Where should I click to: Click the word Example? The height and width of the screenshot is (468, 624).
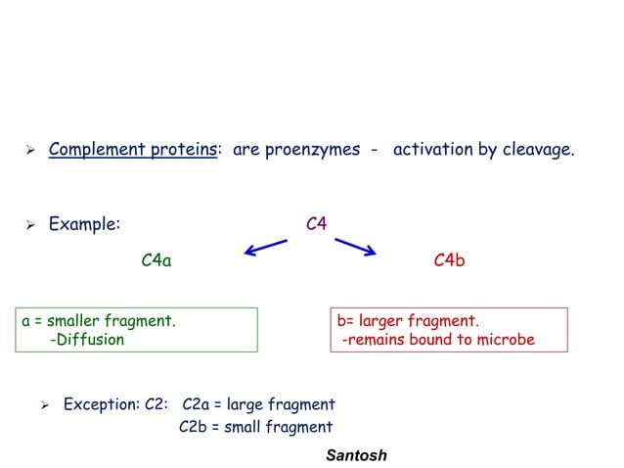pyautogui.click(x=84, y=223)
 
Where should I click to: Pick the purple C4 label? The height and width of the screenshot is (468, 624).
pyautogui.click(x=316, y=223)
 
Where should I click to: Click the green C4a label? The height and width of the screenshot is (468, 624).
pyautogui.click(x=156, y=260)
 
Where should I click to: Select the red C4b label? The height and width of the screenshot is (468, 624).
pyautogui.click(x=449, y=260)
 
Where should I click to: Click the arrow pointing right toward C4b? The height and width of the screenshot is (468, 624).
pyautogui.click(x=355, y=246)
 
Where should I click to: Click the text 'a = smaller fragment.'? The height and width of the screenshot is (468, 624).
pyautogui.click(x=99, y=320)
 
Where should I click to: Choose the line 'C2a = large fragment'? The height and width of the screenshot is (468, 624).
pyautogui.click(x=258, y=404)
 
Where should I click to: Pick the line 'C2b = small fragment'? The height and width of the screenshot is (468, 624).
pyautogui.click(x=256, y=427)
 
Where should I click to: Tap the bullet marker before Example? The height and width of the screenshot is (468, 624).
pyautogui.click(x=30, y=224)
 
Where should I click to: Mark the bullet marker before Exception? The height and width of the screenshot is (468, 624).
pyautogui.click(x=44, y=404)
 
